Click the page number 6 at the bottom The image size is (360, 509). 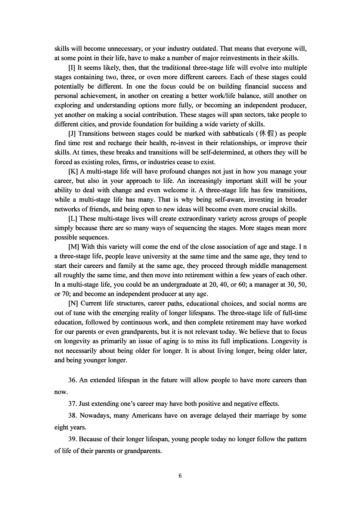pyautogui.click(x=180, y=476)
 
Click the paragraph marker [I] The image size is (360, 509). pyautogui.click(x=72, y=68)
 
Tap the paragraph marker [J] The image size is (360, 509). pyautogui.click(x=72, y=134)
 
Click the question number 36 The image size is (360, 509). pyautogui.click(x=72, y=380)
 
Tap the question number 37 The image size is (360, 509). pyautogui.click(x=72, y=404)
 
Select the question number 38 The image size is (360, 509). pyautogui.click(x=72, y=416)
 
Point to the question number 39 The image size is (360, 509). pyautogui.click(x=72, y=439)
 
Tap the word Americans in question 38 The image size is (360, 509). pyautogui.click(x=147, y=416)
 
